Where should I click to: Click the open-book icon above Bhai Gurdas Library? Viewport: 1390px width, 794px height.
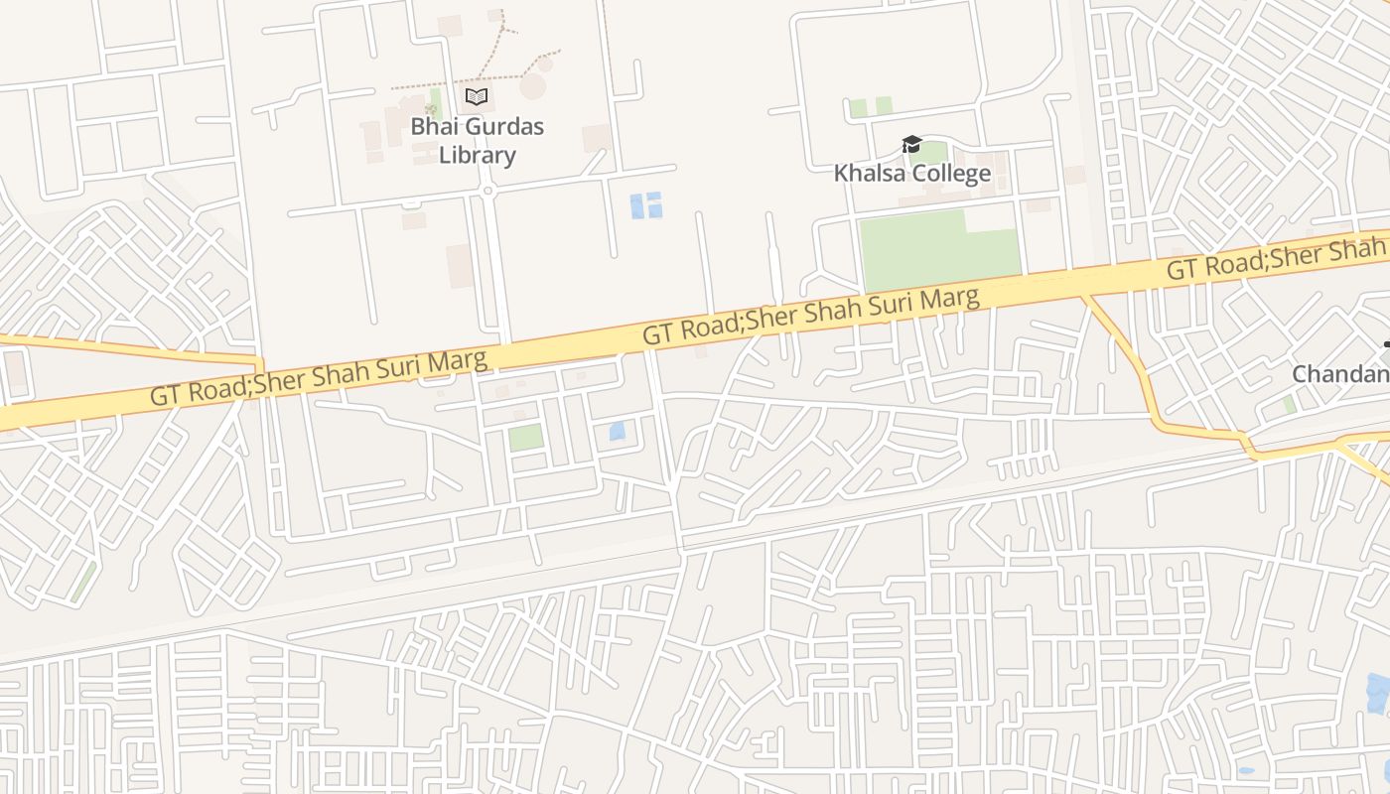[x=477, y=96]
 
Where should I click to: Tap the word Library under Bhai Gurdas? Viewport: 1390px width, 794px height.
[x=478, y=155]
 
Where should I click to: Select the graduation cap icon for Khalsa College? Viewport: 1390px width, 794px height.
[x=911, y=145]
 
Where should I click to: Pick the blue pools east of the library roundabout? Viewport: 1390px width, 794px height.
[x=646, y=204]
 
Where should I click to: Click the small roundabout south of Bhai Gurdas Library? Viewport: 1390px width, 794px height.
[x=487, y=190]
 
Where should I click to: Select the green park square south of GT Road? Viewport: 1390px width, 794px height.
[x=526, y=437]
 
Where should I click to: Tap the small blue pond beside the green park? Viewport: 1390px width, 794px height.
[x=617, y=431]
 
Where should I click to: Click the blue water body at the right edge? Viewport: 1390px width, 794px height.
[x=1377, y=692]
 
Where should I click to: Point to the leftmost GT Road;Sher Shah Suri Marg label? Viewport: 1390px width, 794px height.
[x=319, y=376]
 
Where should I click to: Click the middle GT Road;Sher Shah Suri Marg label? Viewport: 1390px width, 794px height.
[x=811, y=315]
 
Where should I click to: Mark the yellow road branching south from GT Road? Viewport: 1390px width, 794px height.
[x=1132, y=357]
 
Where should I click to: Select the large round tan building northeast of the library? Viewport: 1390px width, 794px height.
[x=533, y=86]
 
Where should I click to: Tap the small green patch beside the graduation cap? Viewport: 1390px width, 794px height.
[x=933, y=153]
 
